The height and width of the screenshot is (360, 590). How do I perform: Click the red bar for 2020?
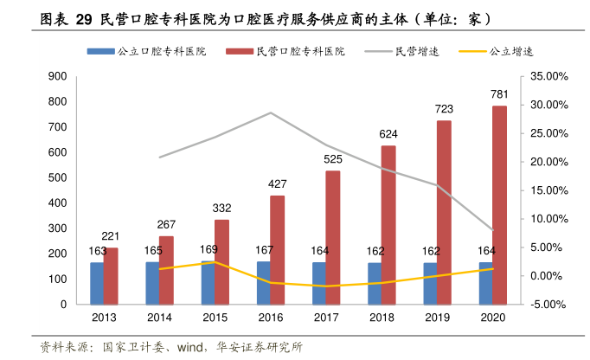coord(499,205)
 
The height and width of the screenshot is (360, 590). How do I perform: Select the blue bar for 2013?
coord(97,283)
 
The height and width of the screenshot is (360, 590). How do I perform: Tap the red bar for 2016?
coord(277,250)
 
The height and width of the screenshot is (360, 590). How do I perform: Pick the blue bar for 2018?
coord(375,283)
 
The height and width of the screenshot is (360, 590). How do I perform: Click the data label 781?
coord(499,94)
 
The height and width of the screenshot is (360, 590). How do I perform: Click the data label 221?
coord(111,236)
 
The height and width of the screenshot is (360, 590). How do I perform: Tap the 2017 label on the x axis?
coord(326,318)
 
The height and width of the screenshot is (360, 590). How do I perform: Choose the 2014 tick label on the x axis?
coord(159,318)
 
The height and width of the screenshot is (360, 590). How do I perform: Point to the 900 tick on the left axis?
coord(58,77)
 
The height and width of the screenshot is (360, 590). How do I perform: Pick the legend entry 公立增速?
coord(510,52)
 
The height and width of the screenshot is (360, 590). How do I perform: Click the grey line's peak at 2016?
coord(271,112)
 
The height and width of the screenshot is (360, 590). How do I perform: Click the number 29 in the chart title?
coord(84,18)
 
